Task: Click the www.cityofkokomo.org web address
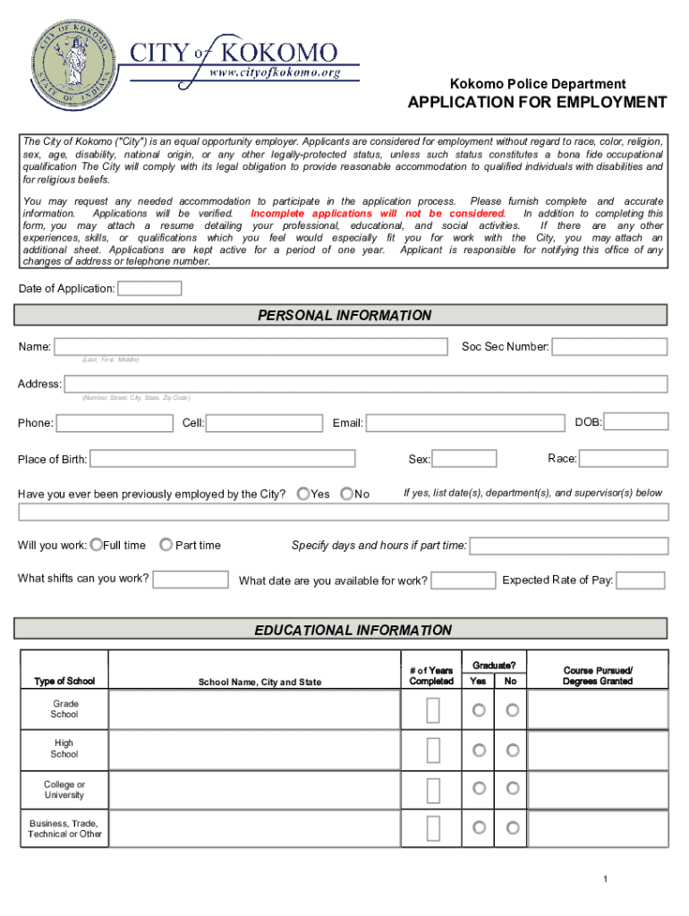(x=274, y=72)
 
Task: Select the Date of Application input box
(x=149, y=288)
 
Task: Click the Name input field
(x=251, y=346)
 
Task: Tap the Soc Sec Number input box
(x=609, y=346)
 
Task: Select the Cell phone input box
(x=266, y=422)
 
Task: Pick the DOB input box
(x=636, y=421)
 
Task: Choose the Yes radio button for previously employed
(x=303, y=494)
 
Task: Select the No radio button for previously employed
(x=346, y=494)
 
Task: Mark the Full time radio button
(x=97, y=545)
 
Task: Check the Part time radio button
(x=166, y=545)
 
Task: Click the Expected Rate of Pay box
(x=641, y=581)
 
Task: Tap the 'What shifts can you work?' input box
(x=190, y=579)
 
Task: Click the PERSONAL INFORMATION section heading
(x=344, y=315)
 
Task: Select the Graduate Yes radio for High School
(x=479, y=750)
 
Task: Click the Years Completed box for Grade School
(x=433, y=710)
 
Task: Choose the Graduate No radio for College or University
(x=513, y=788)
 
